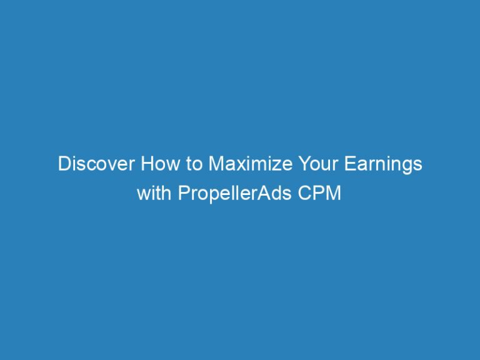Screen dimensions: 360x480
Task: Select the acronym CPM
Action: point(322,193)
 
